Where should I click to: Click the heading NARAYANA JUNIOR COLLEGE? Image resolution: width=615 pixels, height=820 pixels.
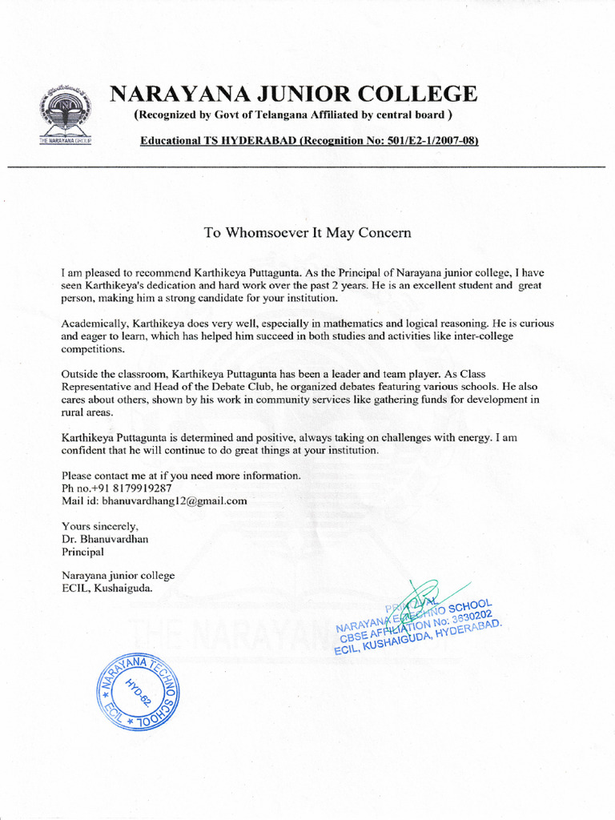(x=293, y=94)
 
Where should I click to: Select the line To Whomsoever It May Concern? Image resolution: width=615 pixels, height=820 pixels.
(x=307, y=233)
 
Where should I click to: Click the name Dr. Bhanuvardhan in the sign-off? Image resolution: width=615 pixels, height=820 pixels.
(x=105, y=539)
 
